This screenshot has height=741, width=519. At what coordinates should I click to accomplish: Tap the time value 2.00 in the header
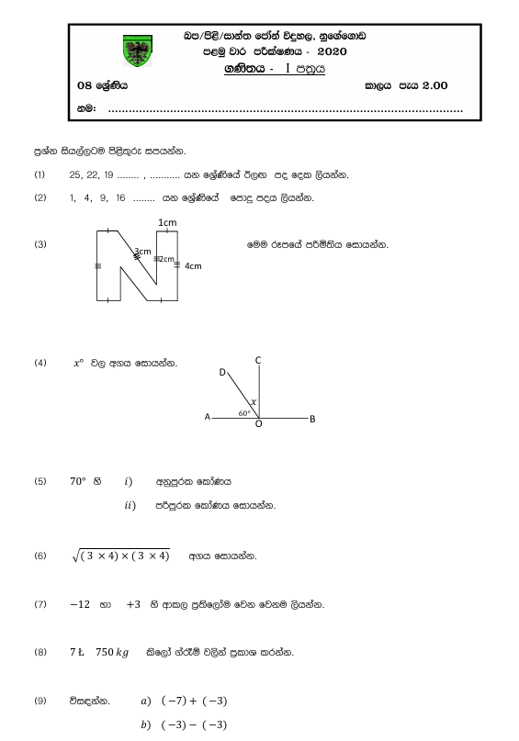(x=434, y=85)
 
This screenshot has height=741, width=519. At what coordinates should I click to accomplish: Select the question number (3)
(x=39, y=244)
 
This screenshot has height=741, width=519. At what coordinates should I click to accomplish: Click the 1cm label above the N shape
(x=168, y=222)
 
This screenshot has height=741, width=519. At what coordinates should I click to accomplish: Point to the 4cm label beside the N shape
(x=193, y=265)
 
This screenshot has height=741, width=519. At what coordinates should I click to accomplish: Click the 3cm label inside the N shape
(x=142, y=251)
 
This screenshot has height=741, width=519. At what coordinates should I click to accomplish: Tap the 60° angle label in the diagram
(x=244, y=413)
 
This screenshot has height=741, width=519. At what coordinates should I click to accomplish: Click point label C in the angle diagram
(x=259, y=360)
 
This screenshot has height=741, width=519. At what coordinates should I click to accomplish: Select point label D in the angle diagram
(x=222, y=372)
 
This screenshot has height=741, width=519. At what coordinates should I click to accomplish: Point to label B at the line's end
(x=312, y=419)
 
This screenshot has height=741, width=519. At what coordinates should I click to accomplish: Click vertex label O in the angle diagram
(x=258, y=424)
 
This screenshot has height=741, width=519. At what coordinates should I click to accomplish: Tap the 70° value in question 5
(x=77, y=480)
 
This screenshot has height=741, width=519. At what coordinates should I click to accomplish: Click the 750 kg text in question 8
(x=113, y=653)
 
